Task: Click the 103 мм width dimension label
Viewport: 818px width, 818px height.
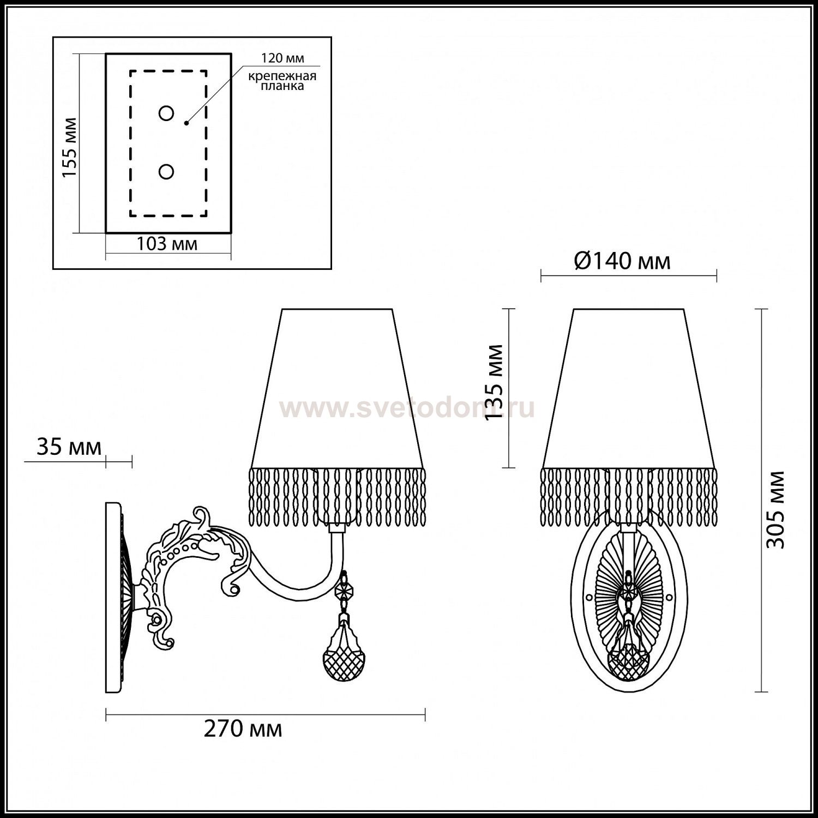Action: pos(166,244)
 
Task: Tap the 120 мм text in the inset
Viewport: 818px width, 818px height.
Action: pos(282,58)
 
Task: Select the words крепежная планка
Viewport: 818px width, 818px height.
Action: pos(282,81)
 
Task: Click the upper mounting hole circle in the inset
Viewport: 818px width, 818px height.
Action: pos(166,113)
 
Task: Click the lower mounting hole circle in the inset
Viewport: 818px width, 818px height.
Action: pos(166,172)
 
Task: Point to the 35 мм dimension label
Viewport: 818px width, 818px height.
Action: pos(69,447)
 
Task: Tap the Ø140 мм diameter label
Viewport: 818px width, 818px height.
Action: pos(622,262)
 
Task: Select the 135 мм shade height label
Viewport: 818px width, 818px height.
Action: pos(494,383)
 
